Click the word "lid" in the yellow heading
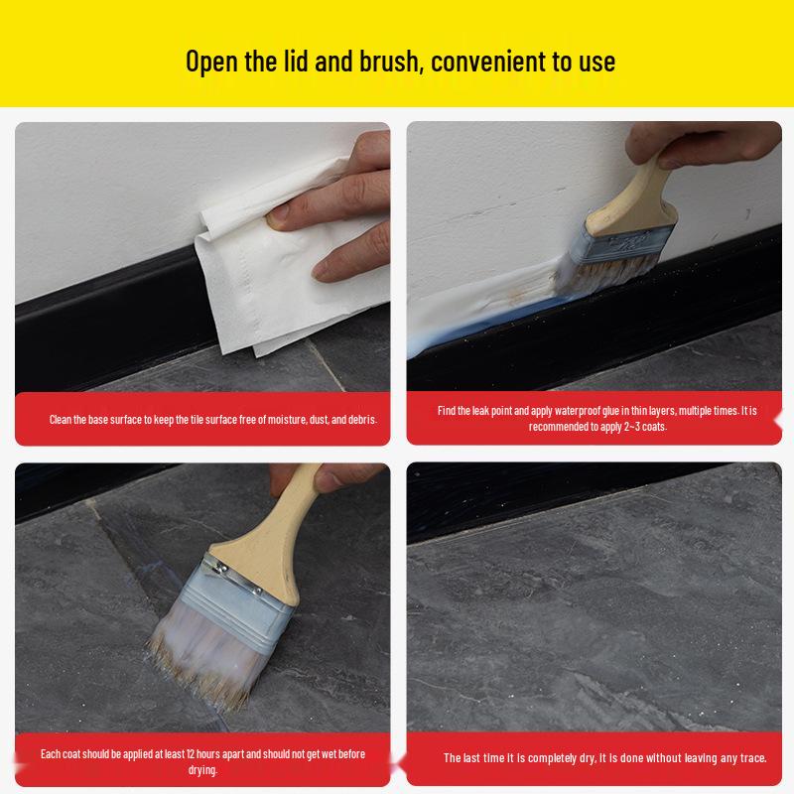(x=298, y=61)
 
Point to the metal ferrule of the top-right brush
(x=630, y=235)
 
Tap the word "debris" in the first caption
(x=360, y=420)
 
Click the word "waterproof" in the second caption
(x=570, y=410)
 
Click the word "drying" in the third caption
(x=201, y=770)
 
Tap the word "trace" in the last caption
(x=752, y=758)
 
